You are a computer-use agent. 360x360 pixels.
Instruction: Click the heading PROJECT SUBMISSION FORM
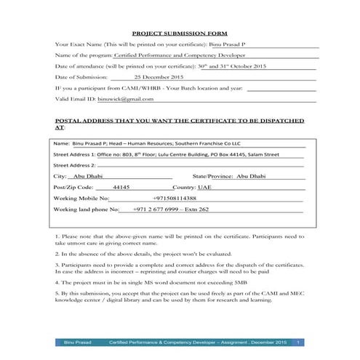pos(179,33)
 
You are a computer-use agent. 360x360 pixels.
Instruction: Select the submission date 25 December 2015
pos(158,76)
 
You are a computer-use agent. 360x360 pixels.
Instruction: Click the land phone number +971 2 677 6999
pos(160,209)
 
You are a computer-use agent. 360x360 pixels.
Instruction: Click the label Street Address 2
pos(74,165)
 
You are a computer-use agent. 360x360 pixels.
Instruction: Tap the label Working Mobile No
pos(81,198)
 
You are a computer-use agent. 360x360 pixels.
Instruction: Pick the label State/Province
pos(213,176)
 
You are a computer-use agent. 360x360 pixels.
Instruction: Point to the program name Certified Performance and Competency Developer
pos(189,55)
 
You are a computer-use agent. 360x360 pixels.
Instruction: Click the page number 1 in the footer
pos(298,341)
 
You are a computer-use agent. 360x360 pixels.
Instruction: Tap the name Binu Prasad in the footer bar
pos(79,341)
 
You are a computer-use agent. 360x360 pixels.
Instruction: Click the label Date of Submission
pos(81,76)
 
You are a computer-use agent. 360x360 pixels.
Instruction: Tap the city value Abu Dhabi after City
pos(89,176)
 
